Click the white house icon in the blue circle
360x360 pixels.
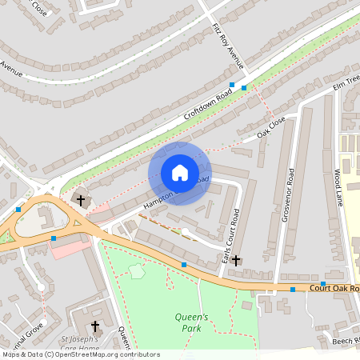click(180, 173)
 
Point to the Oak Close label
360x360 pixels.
click(271, 129)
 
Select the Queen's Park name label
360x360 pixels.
click(192, 322)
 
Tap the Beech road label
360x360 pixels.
click(346, 340)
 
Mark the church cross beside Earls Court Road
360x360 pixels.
click(236, 260)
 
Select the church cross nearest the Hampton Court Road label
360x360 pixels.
click(80, 198)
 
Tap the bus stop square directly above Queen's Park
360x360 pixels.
click(184, 264)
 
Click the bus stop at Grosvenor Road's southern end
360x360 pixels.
click(293, 289)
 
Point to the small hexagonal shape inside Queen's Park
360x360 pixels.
click(137, 271)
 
